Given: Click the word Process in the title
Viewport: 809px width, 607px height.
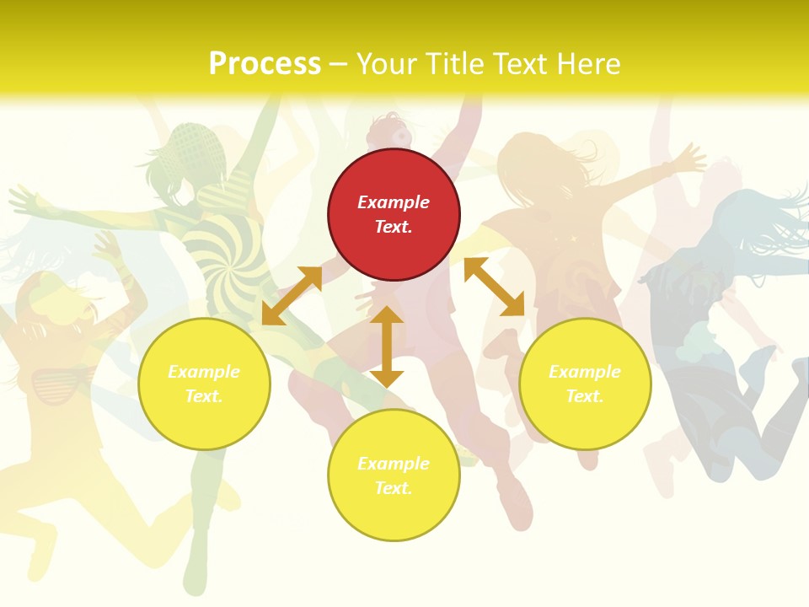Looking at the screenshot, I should pyautogui.click(x=265, y=64).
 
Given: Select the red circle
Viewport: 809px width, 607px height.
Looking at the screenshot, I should pyautogui.click(x=394, y=215).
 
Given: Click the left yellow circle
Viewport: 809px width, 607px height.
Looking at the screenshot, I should pyautogui.click(x=204, y=384).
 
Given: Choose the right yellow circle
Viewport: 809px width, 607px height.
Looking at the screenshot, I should pyautogui.click(x=585, y=384).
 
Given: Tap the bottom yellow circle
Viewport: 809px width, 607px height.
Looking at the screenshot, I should pyautogui.click(x=394, y=476).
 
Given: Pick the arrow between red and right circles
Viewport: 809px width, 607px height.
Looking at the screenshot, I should pyautogui.click(x=494, y=287).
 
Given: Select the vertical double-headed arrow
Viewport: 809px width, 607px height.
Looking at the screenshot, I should pyautogui.click(x=387, y=346).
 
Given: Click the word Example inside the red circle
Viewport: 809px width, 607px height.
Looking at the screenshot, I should pyautogui.click(x=394, y=202).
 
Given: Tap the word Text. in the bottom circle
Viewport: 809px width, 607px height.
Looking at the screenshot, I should pyautogui.click(x=394, y=489).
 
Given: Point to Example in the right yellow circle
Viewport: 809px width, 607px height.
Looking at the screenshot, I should pyautogui.click(x=585, y=372).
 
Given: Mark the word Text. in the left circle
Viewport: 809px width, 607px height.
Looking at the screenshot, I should pyautogui.click(x=204, y=397).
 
